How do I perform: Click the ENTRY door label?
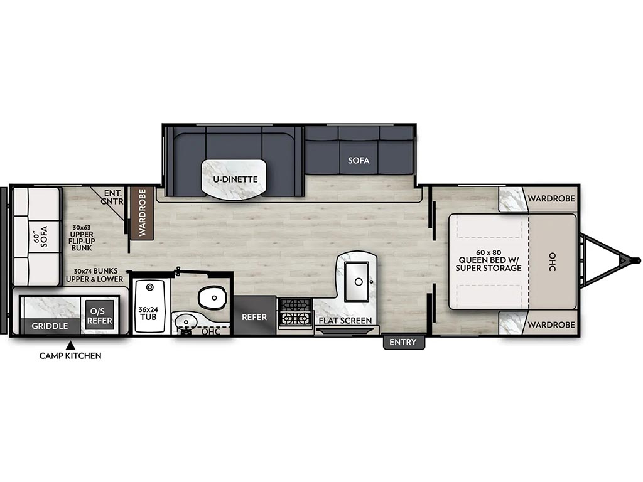pyautogui.click(x=404, y=342)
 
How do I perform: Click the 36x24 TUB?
pyautogui.click(x=149, y=306)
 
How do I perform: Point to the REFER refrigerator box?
pyautogui.click(x=255, y=315)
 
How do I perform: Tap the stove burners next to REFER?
pyautogui.click(x=295, y=313)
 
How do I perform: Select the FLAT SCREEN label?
pyautogui.click(x=345, y=320)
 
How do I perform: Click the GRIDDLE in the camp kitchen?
pyautogui.click(x=50, y=326)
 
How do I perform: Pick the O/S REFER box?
pyautogui.click(x=99, y=316)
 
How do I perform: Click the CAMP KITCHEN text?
pyautogui.click(x=70, y=355)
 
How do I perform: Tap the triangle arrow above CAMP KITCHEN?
pyautogui.click(x=70, y=345)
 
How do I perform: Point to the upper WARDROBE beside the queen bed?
pyautogui.click(x=551, y=198)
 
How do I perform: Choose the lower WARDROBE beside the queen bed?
pyautogui.click(x=551, y=324)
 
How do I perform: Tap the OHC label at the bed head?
pyautogui.click(x=553, y=262)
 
